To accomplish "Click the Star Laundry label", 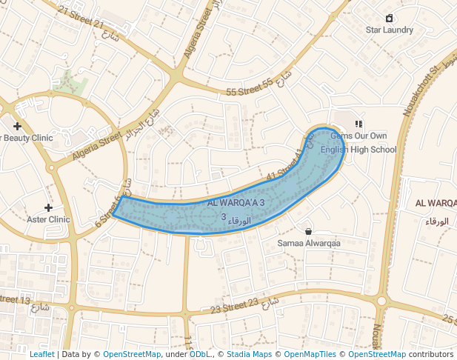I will click(390, 30).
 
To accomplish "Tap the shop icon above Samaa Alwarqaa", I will click(308, 231).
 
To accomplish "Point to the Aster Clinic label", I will click(48, 219).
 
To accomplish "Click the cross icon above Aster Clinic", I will click(48, 207).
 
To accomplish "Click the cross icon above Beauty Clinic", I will click(17, 126).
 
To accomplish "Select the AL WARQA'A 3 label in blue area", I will click(236, 203).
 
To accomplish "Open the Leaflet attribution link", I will click(41, 354).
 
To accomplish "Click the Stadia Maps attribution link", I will click(247, 354).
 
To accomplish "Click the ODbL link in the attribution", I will click(200, 354).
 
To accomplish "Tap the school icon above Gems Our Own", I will click(358, 124).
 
